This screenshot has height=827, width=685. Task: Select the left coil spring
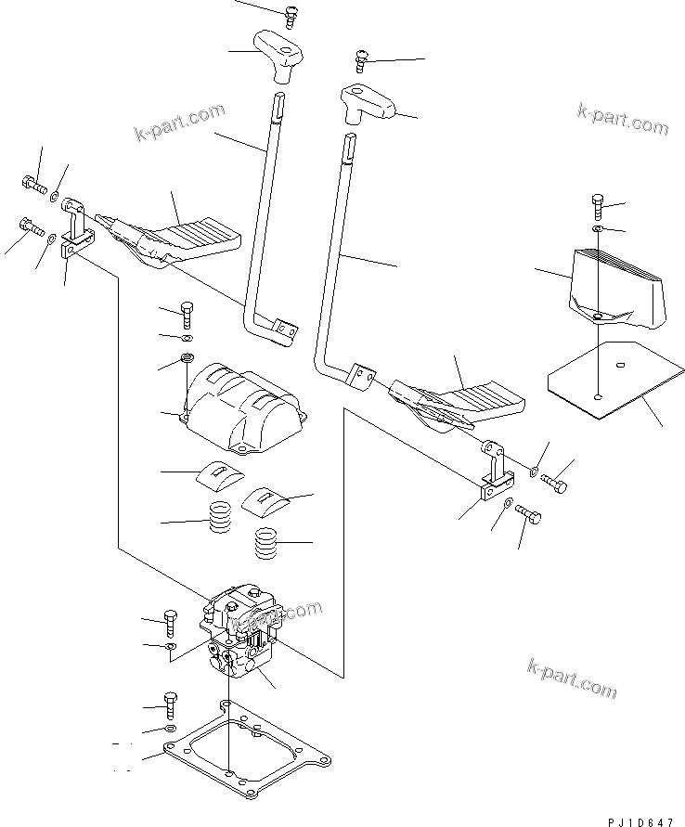pyautogui.click(x=220, y=517)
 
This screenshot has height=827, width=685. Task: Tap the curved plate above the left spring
pyautogui.click(x=220, y=474)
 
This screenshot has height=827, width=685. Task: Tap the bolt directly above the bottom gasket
pyautogui.click(x=169, y=704)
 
